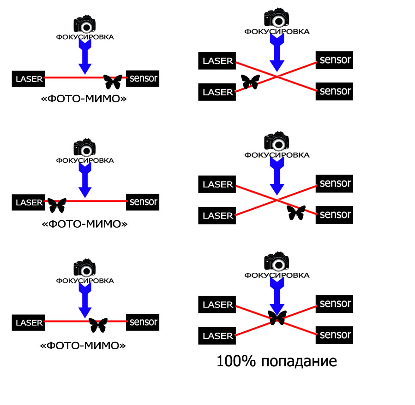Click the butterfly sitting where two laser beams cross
[x=277, y=317]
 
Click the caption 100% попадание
[x=277, y=361]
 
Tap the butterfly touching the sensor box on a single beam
[x=113, y=82]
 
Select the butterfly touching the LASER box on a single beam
[x=57, y=205]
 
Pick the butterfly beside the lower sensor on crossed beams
[x=296, y=212]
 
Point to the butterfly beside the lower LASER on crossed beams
[x=250, y=82]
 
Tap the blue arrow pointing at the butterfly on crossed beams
[x=277, y=295]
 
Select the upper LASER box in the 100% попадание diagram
[x=217, y=305]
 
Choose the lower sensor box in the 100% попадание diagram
[x=335, y=335]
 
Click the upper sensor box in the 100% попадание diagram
[x=335, y=304]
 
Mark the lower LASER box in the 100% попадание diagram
[x=217, y=336]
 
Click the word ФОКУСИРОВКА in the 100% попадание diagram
[x=277, y=275]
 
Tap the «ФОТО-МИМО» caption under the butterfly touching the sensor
[x=84, y=99]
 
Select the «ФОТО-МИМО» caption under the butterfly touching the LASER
[x=84, y=224]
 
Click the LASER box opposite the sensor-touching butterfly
[x=28, y=79]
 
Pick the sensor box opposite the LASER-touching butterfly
[x=143, y=202]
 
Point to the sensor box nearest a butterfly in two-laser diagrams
[x=335, y=214]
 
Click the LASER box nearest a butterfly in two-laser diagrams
[x=217, y=92]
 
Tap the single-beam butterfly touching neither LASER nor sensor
[x=98, y=325]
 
